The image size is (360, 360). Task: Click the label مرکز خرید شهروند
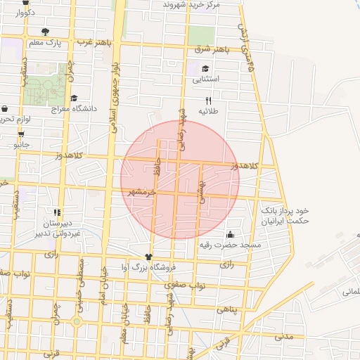(x=191, y=5)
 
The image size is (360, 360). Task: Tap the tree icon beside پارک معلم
(x=46, y=31)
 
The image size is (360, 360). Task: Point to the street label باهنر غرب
(x=94, y=42)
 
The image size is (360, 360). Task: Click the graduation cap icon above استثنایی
(x=205, y=69)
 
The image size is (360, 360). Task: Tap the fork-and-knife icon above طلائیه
(x=208, y=101)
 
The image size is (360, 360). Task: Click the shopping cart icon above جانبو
(x=21, y=134)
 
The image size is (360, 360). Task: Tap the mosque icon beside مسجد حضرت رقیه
(x=231, y=234)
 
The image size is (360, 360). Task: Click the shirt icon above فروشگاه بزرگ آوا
(x=148, y=257)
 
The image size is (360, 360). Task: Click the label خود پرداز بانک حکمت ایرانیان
(x=285, y=216)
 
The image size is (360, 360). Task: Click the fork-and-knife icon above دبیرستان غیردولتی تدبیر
(x=57, y=212)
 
